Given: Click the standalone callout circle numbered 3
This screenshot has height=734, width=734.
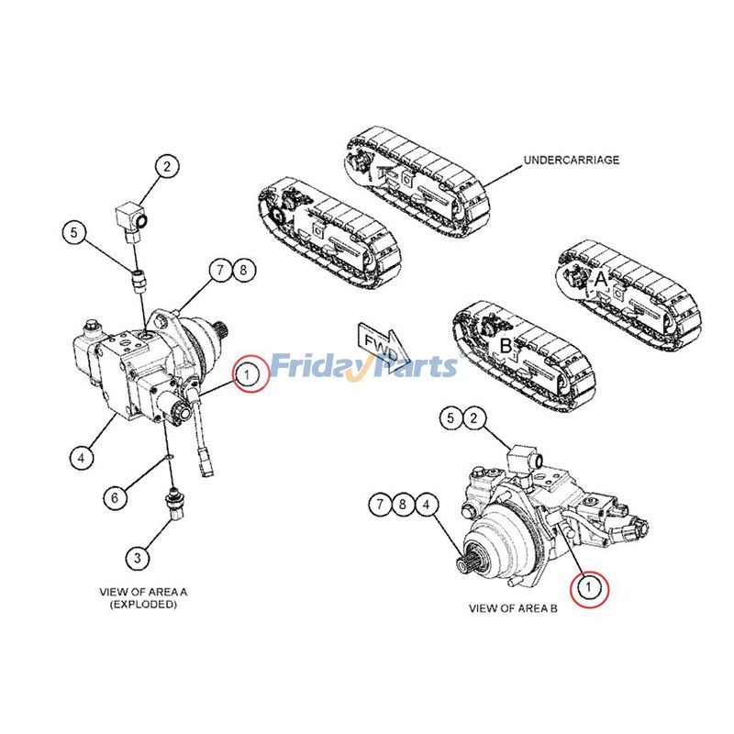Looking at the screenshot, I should pos(136,556).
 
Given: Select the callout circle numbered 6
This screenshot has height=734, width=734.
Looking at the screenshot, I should pos(115,497).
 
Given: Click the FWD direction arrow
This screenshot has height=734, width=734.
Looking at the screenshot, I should pos(376,341).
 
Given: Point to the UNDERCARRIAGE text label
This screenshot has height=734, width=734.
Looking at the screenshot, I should pos(571,160).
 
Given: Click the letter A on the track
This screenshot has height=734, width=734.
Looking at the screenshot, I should pos(600,276).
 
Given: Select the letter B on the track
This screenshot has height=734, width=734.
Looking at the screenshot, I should pos(505,347).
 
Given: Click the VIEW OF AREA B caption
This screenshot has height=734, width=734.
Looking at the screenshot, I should pos(513,608).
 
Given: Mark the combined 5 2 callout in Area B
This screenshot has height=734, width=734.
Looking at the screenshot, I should pos(462,419).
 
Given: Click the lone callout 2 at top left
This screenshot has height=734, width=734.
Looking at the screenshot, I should pos(166,167).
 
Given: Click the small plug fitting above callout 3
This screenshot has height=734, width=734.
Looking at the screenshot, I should pos(170,502).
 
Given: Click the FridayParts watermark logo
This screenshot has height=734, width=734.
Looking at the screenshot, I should pos(366,366).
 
